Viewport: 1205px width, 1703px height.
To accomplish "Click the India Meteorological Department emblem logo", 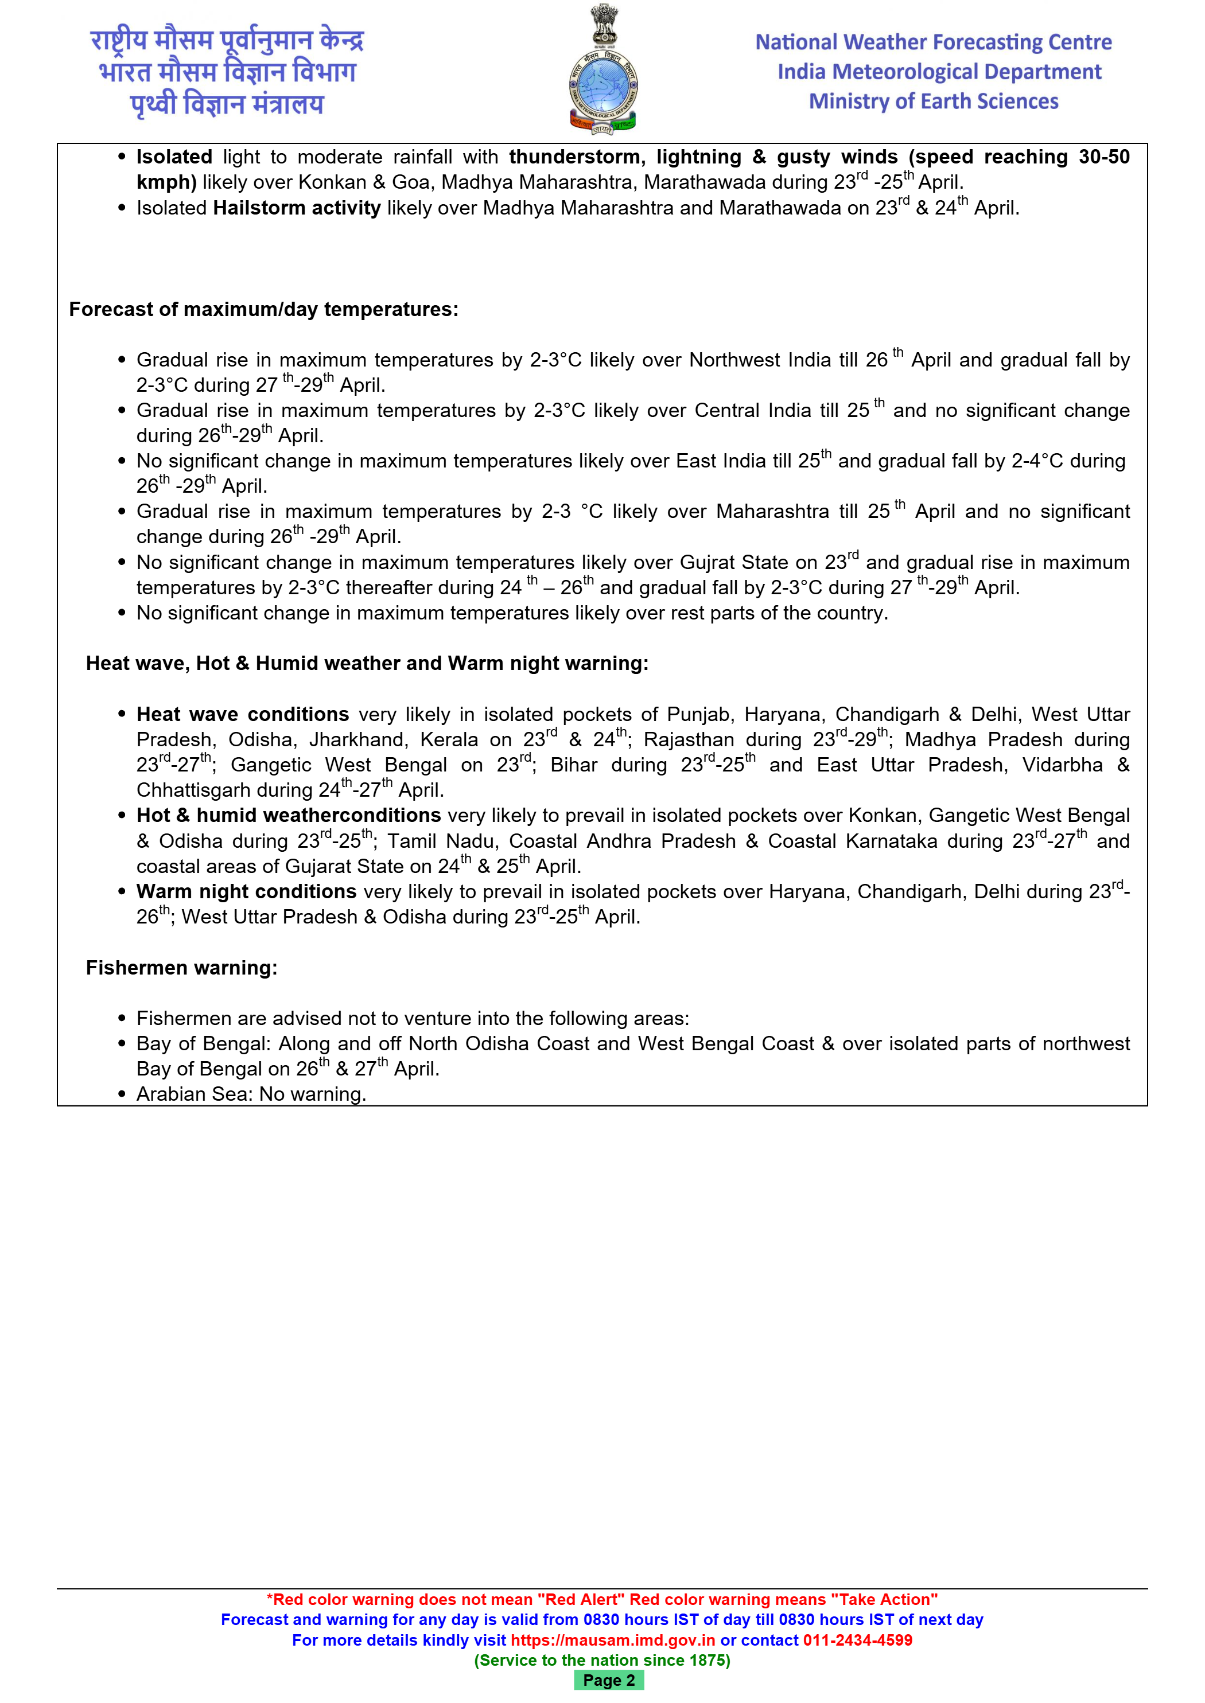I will [x=603, y=71].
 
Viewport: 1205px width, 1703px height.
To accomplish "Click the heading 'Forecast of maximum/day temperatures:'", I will [x=263, y=309].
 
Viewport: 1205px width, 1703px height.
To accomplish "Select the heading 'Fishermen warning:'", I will [x=181, y=968].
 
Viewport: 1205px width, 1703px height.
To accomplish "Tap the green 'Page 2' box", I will [x=608, y=1680].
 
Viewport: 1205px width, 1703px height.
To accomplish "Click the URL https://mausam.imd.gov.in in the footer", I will [x=613, y=1640].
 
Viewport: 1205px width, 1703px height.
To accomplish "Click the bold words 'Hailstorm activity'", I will [x=297, y=208].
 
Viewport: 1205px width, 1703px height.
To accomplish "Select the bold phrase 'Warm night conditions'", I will [x=246, y=891].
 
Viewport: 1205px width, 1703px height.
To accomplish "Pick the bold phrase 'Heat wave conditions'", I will [x=243, y=714].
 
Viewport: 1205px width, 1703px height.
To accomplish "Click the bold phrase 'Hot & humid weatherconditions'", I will [x=289, y=816].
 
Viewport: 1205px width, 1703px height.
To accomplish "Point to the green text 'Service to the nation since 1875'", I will [x=602, y=1660].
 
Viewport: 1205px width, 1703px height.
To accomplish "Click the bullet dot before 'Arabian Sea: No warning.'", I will [x=122, y=1095].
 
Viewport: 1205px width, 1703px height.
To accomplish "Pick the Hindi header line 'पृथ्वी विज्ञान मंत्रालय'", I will [x=227, y=104].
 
